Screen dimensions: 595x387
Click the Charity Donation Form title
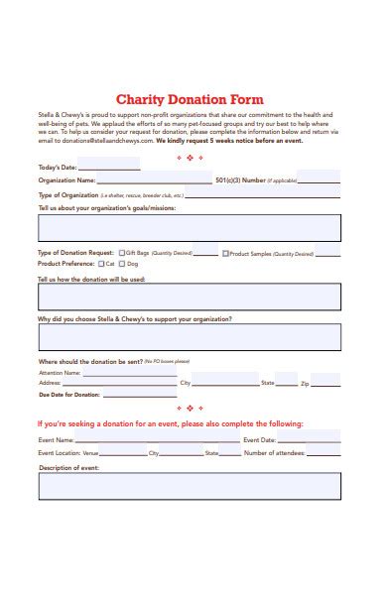[190, 99]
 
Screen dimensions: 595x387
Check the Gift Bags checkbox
[122, 253]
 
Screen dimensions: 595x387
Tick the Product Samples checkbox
[225, 253]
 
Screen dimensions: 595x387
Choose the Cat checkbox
[97, 265]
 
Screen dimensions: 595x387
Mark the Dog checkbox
[122, 265]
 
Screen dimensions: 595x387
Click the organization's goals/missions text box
[189, 228]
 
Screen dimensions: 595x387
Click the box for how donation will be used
[189, 297]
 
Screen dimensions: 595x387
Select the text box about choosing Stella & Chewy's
[189, 338]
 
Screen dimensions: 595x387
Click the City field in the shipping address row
[225, 382]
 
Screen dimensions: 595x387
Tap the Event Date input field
[309, 439]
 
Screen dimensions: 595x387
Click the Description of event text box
[189, 486]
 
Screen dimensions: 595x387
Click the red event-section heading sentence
[170, 423]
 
